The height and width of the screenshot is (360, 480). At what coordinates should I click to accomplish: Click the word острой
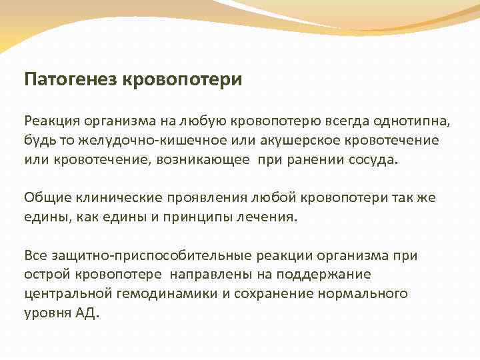[x=47, y=274]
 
